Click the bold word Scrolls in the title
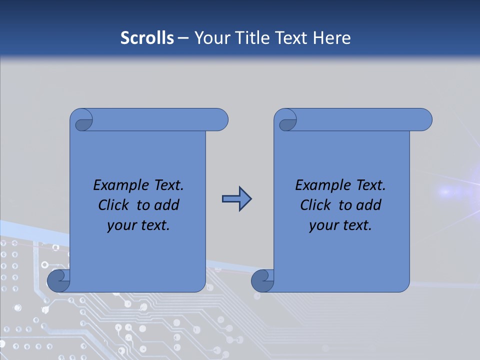[147, 38]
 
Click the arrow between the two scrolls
[236, 199]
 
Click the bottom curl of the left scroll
[58, 280]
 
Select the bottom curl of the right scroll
[262, 280]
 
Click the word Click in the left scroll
[113, 205]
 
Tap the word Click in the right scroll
[315, 205]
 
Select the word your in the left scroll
[120, 225]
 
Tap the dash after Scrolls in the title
[183, 38]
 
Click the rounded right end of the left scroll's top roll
[220, 119]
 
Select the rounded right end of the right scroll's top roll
[424, 119]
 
